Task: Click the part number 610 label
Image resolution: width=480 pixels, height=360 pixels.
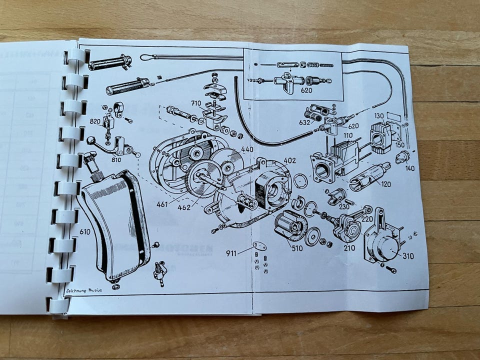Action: click(x=84, y=232)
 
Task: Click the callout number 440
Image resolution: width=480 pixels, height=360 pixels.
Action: click(x=247, y=149)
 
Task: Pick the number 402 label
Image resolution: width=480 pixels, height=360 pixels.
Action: click(x=290, y=160)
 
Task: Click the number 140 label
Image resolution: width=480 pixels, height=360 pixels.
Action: click(x=410, y=168)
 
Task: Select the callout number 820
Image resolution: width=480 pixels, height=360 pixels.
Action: click(x=95, y=121)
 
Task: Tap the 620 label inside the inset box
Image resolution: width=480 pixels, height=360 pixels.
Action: click(x=306, y=91)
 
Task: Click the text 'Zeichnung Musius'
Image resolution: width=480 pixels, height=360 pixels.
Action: click(x=83, y=290)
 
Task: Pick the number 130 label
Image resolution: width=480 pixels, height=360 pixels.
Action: click(x=378, y=116)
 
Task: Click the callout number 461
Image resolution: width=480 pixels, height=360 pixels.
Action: click(x=161, y=204)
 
